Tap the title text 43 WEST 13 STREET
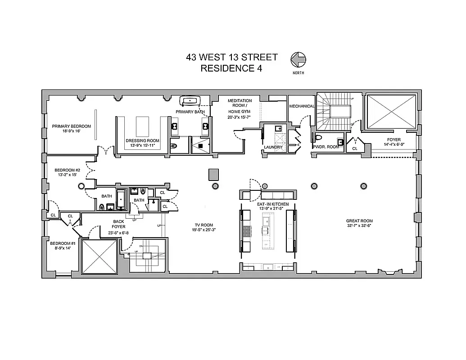231,58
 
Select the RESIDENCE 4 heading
231,68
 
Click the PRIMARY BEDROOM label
71,126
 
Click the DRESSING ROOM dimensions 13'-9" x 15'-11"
142,146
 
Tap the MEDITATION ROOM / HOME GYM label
240,106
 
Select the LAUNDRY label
273,147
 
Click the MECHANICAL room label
302,106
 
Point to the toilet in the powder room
319,137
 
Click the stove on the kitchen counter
247,231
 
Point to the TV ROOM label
204,225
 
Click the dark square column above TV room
214,174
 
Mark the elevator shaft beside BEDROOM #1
99,256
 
